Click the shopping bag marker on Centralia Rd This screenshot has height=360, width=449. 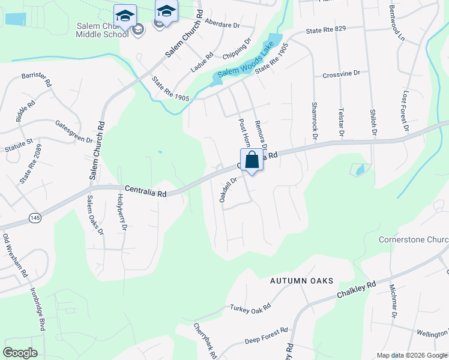click(252, 161)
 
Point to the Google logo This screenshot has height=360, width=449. click(20, 353)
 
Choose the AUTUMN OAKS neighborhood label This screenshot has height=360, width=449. click(301, 281)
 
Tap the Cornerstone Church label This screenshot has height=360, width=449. click(414, 240)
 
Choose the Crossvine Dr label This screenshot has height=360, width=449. click(341, 73)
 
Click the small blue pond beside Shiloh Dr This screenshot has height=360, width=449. click(360, 170)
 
